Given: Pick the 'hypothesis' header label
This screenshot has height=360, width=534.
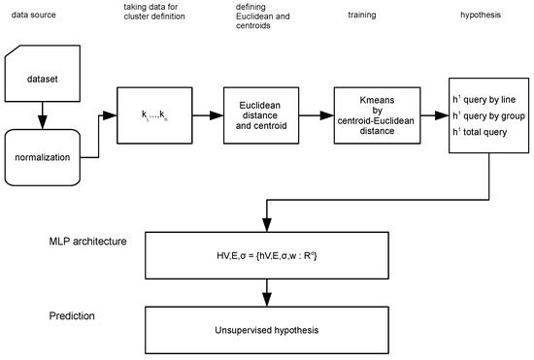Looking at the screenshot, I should tap(482, 16).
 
